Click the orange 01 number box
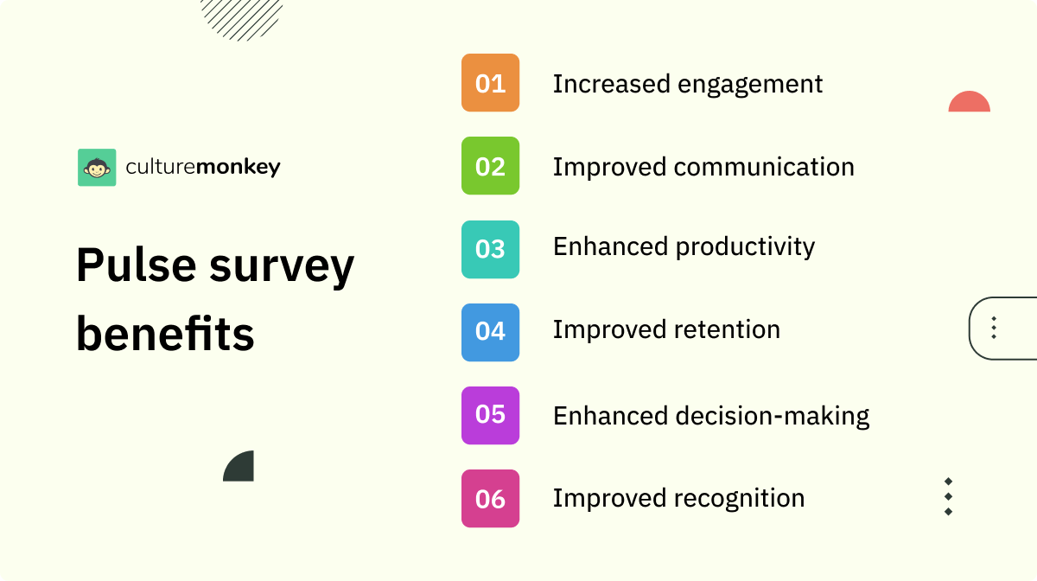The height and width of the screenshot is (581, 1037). click(490, 83)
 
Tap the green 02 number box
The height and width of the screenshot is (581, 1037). click(490, 166)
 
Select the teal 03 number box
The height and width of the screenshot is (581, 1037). click(490, 249)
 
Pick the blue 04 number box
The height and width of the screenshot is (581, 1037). click(490, 332)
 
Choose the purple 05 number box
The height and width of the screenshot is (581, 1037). click(490, 415)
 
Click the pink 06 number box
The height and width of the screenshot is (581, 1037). click(490, 498)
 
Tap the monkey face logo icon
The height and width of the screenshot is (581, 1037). click(97, 167)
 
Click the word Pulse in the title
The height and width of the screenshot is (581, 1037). click(135, 265)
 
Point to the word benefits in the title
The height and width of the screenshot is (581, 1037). click(165, 334)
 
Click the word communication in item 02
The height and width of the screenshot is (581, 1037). click(764, 167)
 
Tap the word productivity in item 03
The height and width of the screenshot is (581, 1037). click(745, 247)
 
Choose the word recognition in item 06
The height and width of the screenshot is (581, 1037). click(740, 499)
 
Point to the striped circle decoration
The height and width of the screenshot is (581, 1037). click(241, 17)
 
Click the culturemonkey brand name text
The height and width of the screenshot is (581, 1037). click(203, 167)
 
